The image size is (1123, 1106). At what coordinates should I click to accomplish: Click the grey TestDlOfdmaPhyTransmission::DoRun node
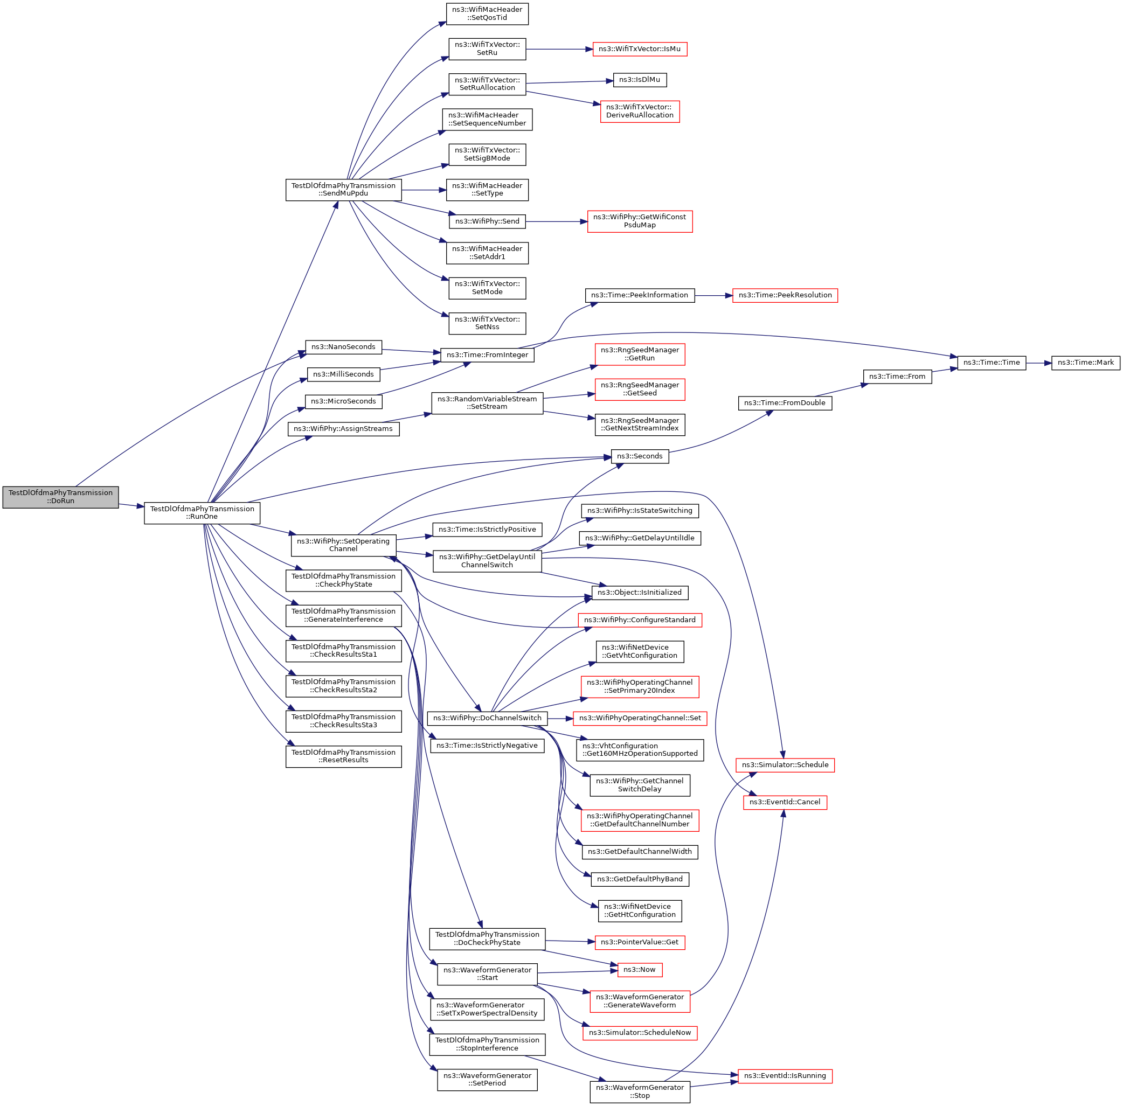(x=60, y=497)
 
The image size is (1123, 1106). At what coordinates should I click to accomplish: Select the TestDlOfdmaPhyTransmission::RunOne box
(x=202, y=512)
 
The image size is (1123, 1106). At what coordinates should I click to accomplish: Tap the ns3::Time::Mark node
(x=1085, y=363)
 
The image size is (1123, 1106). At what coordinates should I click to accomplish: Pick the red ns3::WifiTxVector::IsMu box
(x=639, y=49)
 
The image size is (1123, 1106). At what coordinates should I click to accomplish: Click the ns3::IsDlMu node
(x=639, y=80)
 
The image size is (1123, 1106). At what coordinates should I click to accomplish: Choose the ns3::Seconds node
(x=639, y=456)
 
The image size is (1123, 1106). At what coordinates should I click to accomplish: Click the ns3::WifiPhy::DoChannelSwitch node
(x=487, y=718)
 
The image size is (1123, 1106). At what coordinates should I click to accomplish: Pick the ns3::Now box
(x=639, y=970)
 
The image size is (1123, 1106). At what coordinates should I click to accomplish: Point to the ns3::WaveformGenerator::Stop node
(x=639, y=1091)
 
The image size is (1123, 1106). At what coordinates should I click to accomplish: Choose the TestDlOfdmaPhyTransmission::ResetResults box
(x=343, y=756)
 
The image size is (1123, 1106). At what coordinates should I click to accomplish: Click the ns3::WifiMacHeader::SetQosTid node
(x=487, y=13)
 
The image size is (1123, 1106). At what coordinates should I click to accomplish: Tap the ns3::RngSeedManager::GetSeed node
(x=639, y=389)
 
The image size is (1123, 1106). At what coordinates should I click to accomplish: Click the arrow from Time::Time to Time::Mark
(x=1038, y=363)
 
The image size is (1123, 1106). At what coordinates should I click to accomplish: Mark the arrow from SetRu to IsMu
(x=559, y=50)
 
